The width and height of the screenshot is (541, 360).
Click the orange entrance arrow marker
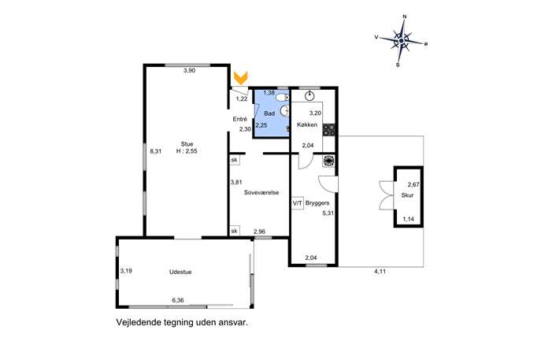click(x=240, y=78)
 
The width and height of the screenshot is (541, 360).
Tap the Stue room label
click(x=187, y=144)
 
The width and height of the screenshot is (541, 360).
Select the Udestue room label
click(x=180, y=272)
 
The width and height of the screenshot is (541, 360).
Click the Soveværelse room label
click(x=261, y=192)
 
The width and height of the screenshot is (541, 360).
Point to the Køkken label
click(x=307, y=124)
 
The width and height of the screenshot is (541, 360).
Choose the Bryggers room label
click(x=317, y=203)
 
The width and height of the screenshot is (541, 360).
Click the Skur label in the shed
click(x=407, y=195)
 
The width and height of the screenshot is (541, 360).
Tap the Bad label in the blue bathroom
click(x=269, y=113)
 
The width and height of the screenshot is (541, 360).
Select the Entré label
click(x=240, y=119)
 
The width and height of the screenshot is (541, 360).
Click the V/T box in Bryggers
click(x=298, y=203)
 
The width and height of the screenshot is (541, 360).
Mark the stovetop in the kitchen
click(x=329, y=130)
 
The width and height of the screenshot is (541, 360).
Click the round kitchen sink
click(x=310, y=95)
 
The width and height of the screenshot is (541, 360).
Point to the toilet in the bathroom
click(x=282, y=98)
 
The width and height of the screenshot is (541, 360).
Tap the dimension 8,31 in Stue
click(x=156, y=150)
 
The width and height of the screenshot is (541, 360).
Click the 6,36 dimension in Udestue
click(x=178, y=300)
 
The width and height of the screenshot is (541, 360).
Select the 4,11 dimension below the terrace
click(x=380, y=272)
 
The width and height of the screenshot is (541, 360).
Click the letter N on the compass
click(x=405, y=17)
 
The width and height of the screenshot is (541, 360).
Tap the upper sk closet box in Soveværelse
click(x=235, y=160)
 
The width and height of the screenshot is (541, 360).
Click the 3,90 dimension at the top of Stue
click(x=190, y=70)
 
